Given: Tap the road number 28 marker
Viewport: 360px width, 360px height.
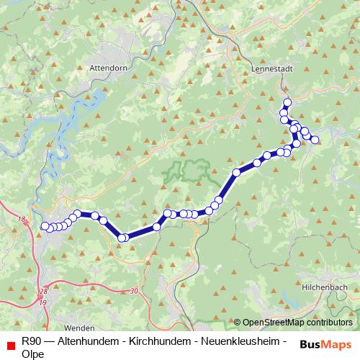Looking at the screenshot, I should (x=43, y=291).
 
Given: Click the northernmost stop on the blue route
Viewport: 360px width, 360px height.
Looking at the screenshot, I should (x=287, y=102).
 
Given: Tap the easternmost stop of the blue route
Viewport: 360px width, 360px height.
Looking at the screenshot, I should (x=315, y=140).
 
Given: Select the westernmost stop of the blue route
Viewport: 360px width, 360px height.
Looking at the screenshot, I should (x=45, y=226).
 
